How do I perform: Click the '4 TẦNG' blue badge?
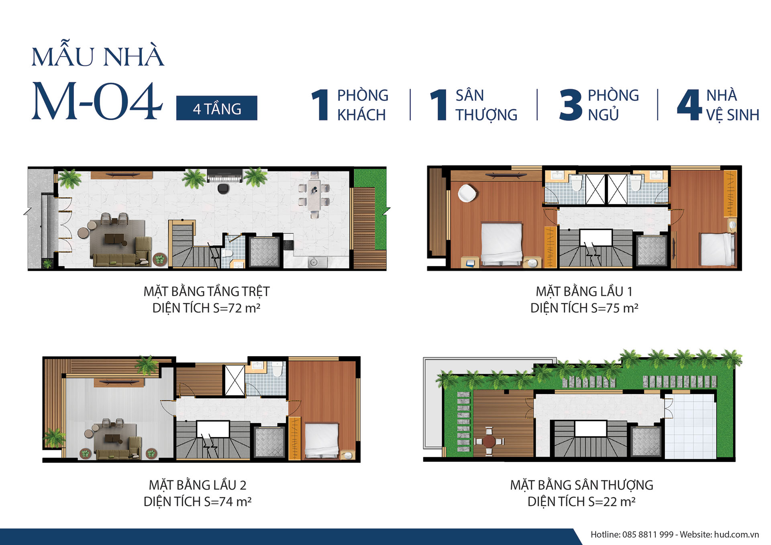pos(216,108)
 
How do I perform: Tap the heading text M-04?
pos(97,101)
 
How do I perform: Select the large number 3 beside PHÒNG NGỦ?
pos(571,105)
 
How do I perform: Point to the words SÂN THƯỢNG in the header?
pos(486,105)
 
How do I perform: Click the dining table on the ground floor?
pos(314,194)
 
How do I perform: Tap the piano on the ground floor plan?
pos(224,176)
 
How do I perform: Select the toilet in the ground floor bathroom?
pos(228,253)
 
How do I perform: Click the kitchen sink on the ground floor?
pos(313,262)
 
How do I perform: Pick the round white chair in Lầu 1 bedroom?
pos(467,193)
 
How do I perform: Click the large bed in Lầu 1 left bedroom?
pos(502,243)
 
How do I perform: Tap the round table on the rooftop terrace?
pos(489,441)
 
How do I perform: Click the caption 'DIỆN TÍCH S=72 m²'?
pos(206,308)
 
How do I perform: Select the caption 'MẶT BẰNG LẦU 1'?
pos(584,291)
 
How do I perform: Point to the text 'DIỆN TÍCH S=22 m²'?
pos(581,502)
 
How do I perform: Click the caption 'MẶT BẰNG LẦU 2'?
pos(198,485)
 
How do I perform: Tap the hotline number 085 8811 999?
pos(648,535)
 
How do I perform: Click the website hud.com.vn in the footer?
pos(736,535)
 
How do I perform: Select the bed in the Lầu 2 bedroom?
pos(322,440)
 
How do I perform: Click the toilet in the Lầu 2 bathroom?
pos(277,369)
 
